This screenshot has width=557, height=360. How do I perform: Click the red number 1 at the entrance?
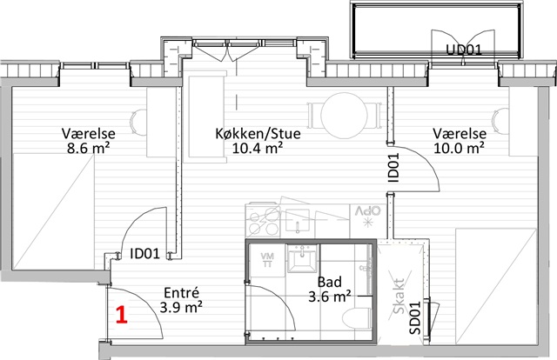coord(122,316)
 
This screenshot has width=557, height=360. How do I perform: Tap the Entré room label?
coord(182,293)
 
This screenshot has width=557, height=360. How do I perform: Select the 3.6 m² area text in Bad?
coord(330,297)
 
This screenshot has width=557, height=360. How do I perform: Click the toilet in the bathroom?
coord(357,317)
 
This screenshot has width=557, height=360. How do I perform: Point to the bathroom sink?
coord(302,260)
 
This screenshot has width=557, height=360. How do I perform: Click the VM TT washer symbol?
coord(267,259)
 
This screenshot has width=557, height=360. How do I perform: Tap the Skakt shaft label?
coord(399,297)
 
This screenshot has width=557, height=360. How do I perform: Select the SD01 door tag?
coord(414,317)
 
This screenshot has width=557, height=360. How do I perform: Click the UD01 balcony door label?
coord(464,50)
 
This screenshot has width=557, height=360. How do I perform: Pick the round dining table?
coord(344,116)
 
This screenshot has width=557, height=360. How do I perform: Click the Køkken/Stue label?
coord(258,134)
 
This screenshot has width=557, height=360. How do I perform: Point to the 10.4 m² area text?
coord(258,148)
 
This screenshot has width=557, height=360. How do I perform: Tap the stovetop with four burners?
coord(263,221)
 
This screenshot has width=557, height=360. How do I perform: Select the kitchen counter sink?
coord(298,221)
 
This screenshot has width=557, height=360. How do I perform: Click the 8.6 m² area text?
coord(89,148)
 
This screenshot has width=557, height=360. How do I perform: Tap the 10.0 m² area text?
coord(459,148)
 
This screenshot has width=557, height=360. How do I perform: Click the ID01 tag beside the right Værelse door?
coord(393,167)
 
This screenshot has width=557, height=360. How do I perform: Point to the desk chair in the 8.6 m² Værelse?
coord(139,122)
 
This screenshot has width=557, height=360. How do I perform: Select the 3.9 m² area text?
coord(181,307)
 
